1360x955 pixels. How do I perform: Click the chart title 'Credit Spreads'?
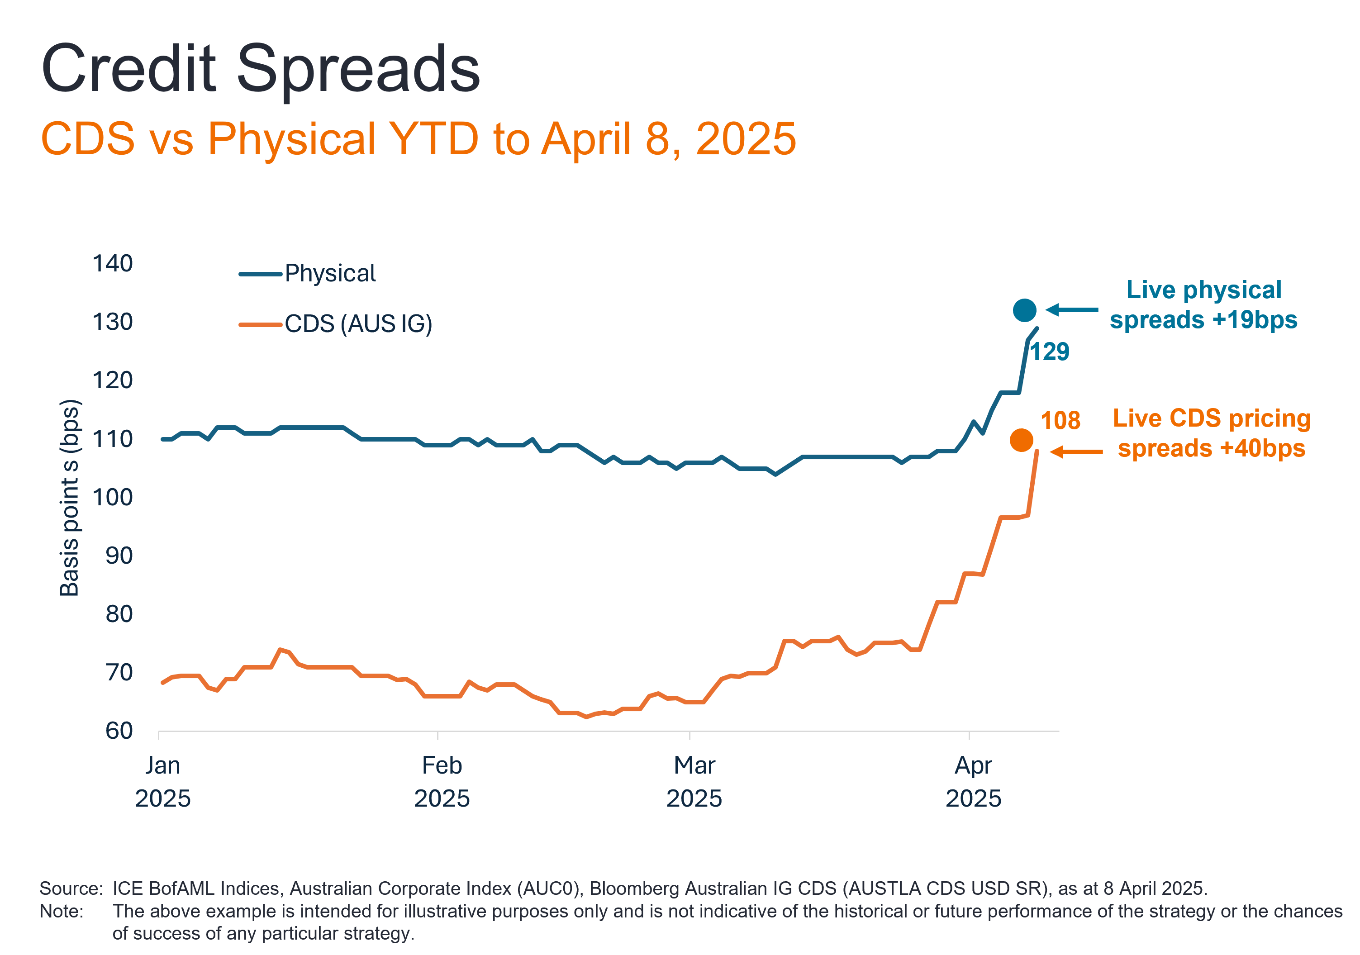click(261, 69)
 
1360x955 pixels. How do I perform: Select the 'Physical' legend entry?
click(330, 274)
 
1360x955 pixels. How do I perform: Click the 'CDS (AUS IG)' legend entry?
click(358, 324)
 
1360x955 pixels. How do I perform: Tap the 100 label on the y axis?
click(113, 497)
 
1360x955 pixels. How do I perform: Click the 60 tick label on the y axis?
click(119, 731)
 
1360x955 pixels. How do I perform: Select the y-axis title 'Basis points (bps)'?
click(69, 498)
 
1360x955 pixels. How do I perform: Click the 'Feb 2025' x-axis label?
click(442, 782)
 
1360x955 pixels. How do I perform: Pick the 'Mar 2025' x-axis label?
click(694, 782)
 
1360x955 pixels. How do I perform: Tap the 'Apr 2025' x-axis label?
click(973, 782)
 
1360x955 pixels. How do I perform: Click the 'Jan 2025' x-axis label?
click(163, 782)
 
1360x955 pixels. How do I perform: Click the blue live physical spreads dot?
click(1024, 310)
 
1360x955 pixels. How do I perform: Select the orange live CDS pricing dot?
click(1021, 440)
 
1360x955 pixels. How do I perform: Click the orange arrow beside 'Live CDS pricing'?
click(1076, 452)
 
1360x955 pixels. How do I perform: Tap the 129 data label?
click(1050, 352)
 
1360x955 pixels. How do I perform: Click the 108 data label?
click(1060, 421)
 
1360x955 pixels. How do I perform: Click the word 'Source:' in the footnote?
click(71, 888)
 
